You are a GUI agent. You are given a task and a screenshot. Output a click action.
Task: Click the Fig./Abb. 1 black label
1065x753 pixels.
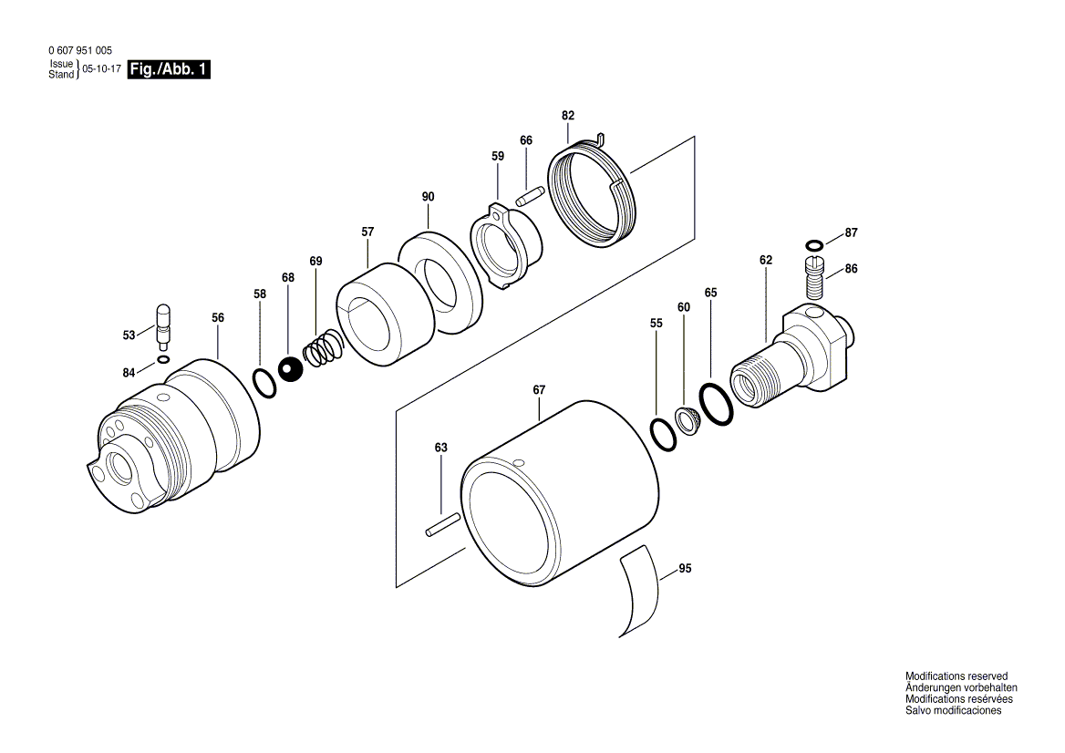[x=170, y=70]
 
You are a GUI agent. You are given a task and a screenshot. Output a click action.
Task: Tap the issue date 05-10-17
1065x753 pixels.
[x=102, y=70]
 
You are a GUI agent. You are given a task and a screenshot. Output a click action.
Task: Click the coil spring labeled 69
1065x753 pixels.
[x=322, y=351]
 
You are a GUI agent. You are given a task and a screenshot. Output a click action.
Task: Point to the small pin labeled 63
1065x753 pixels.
[x=442, y=527]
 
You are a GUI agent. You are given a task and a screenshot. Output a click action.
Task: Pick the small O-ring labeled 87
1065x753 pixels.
[x=815, y=244]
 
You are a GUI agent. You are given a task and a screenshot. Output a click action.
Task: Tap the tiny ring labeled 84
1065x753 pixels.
[x=162, y=360]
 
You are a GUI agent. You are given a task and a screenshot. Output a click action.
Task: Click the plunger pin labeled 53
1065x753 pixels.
[x=164, y=325]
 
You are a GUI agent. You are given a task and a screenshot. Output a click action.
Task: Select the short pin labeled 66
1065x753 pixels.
[x=530, y=196]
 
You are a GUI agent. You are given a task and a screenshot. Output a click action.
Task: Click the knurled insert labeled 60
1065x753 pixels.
[x=686, y=421]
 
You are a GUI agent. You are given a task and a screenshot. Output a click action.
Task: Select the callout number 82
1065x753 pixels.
[x=568, y=116]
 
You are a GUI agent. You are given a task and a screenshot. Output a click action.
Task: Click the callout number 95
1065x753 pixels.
[x=685, y=569]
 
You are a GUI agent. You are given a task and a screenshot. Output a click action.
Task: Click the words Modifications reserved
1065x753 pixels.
[x=956, y=676]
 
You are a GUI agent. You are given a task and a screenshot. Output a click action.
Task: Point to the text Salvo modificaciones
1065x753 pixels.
[x=953, y=710]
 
